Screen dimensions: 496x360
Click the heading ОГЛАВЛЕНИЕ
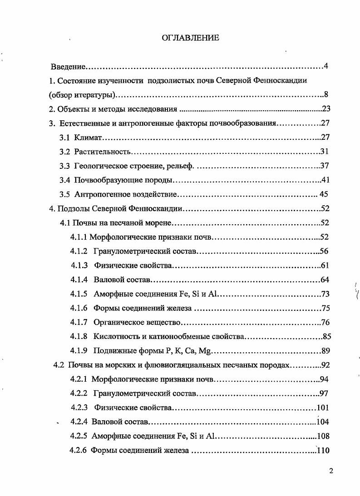coord(191,38)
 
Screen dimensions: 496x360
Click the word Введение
coord(68,67)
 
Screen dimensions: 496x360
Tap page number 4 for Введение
coord(326,66)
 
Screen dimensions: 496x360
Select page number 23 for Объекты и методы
coord(326,109)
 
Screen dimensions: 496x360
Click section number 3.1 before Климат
coord(65,137)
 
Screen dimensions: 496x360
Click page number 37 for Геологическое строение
coord(325,166)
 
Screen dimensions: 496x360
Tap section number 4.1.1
coord(79,236)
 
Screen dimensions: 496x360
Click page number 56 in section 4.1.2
coord(324,251)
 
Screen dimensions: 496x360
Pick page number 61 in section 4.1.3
coord(324,265)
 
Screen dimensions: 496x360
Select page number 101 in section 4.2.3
coord(323,407)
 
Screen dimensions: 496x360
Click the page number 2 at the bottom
coord(331,470)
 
